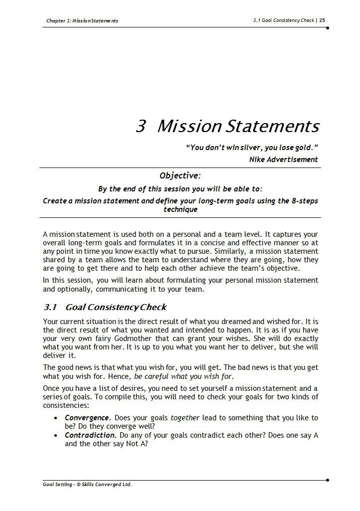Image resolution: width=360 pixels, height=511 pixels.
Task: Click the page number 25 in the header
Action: (x=322, y=20)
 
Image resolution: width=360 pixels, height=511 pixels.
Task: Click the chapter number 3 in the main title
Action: (x=140, y=127)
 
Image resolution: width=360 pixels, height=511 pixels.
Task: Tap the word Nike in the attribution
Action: (x=257, y=160)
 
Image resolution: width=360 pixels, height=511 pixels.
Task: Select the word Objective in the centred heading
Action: (x=179, y=175)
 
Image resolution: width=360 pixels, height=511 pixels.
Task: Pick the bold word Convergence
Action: (x=87, y=417)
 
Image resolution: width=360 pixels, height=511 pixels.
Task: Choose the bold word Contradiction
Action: (x=89, y=435)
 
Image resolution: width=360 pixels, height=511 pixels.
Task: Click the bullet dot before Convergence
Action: (x=56, y=418)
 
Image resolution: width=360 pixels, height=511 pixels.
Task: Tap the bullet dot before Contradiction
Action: (x=56, y=436)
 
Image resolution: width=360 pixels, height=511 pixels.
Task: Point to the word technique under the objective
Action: (x=180, y=209)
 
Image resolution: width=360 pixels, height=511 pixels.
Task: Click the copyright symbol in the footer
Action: (x=78, y=484)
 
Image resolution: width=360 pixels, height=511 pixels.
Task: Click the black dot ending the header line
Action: (x=327, y=28)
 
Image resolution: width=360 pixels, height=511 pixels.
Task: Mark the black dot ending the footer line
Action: (x=327, y=480)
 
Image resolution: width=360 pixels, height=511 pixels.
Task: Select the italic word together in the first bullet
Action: (x=185, y=417)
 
